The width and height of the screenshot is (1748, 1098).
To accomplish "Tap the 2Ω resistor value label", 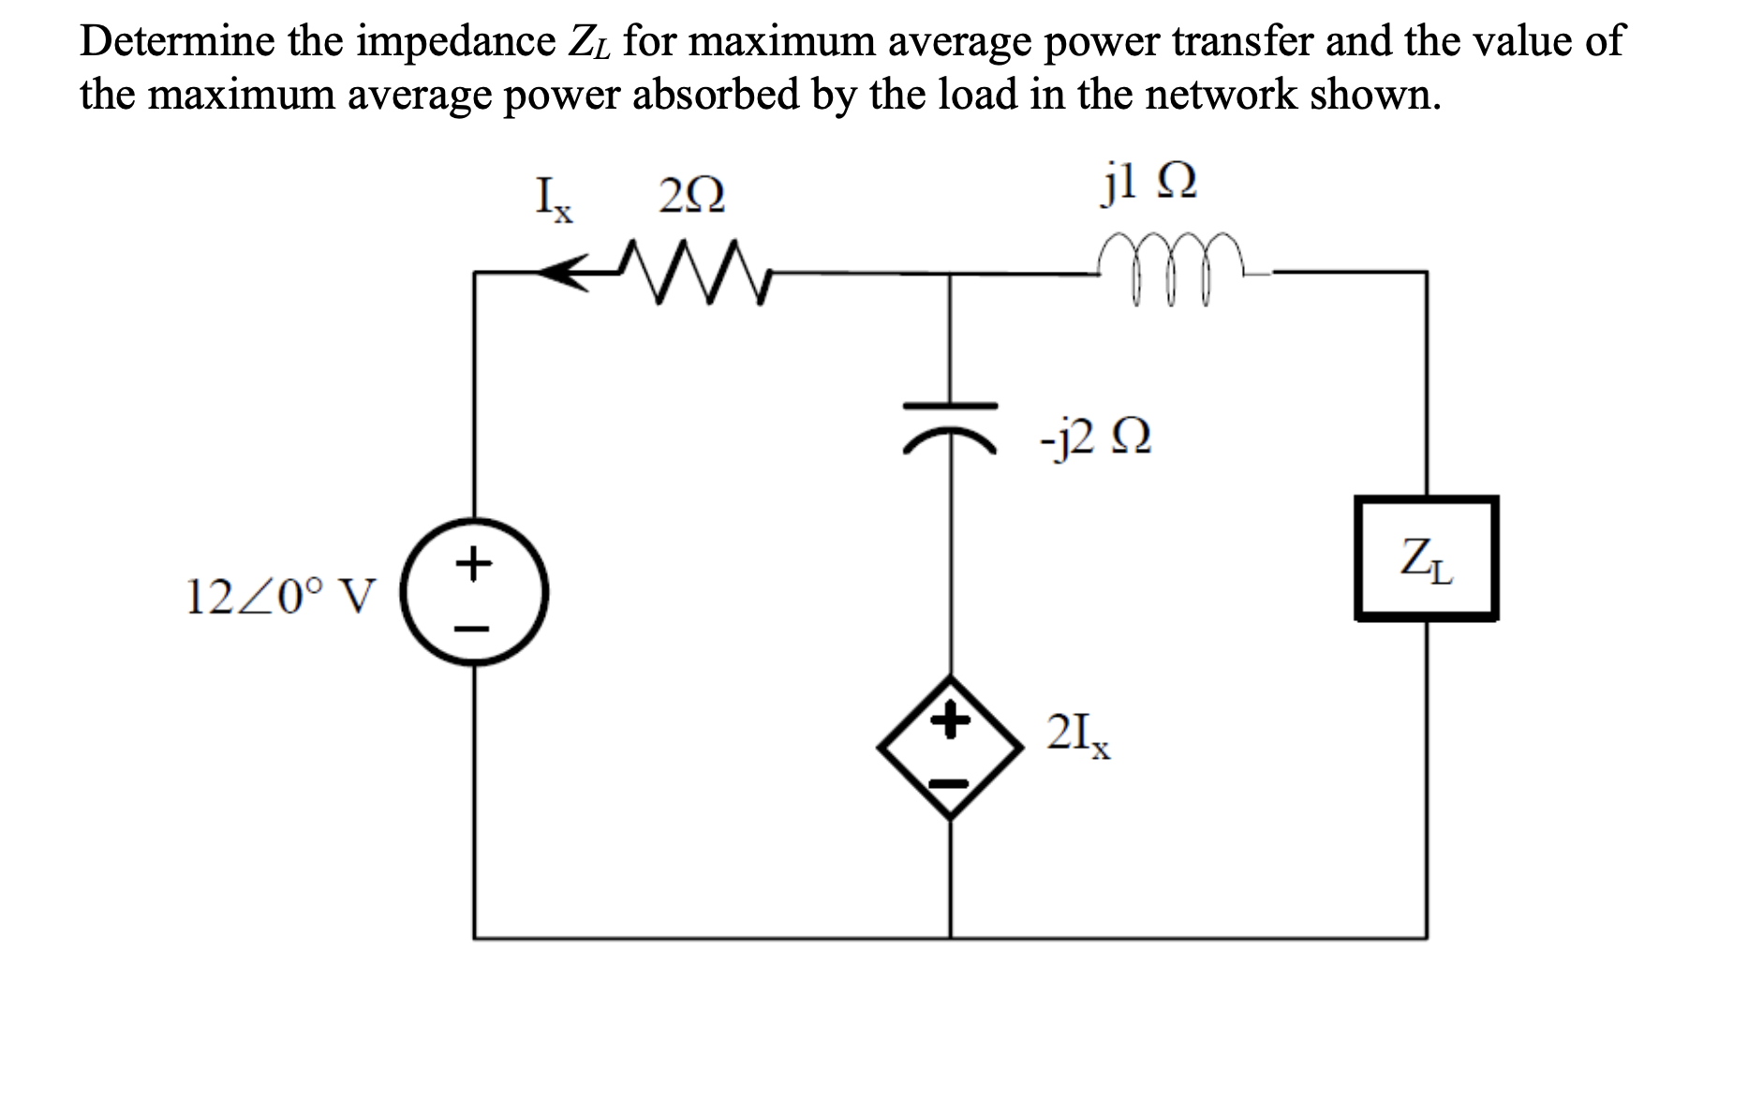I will coord(691,197).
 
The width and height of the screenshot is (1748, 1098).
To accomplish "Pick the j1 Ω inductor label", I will coord(1148,184).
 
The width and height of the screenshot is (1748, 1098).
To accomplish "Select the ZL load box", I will coord(1426,558).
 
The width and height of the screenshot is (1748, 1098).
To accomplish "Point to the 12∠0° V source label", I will coord(281,596).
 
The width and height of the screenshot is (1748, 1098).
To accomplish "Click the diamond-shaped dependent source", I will coord(950,747).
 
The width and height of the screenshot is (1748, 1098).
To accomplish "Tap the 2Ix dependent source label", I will coord(1079,734).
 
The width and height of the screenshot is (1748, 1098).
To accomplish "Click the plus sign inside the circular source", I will coord(475,564).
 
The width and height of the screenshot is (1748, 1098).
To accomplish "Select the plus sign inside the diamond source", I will coord(950,721).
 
